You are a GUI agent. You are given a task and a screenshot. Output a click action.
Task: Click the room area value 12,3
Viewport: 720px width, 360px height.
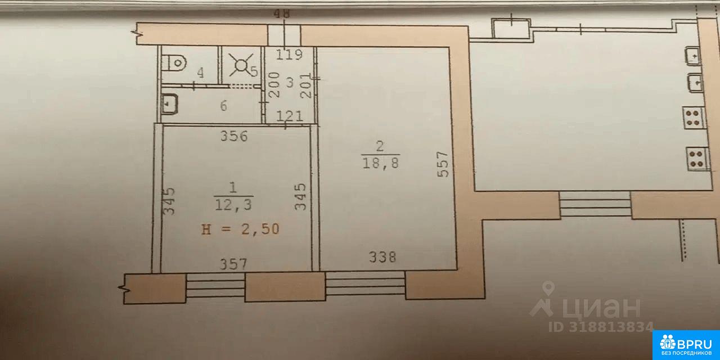pyautogui.click(x=233, y=204)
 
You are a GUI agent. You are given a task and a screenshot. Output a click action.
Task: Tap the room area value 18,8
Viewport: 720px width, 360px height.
pyautogui.click(x=381, y=163)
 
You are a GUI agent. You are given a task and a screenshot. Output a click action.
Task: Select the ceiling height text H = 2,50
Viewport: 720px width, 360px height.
pyautogui.click(x=240, y=229)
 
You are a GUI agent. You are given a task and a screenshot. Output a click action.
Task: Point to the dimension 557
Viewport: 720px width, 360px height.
pyautogui.click(x=443, y=164)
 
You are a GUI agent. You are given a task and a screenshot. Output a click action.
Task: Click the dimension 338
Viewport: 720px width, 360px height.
pyautogui.click(x=382, y=257)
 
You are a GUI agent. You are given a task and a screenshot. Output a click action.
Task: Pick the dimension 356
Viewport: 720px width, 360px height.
pyautogui.click(x=234, y=136)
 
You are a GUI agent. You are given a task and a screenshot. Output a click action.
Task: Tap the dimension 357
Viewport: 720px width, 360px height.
pyautogui.click(x=233, y=264)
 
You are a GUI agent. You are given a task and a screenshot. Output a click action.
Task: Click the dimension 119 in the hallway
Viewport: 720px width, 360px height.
pyautogui.click(x=289, y=55)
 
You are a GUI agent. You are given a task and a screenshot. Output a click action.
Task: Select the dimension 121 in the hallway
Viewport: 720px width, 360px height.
pyautogui.click(x=290, y=116)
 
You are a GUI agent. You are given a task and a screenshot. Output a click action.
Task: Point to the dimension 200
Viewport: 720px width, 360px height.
pyautogui.click(x=274, y=85)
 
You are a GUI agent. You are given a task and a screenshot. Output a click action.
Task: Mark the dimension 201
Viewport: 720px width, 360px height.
pyautogui.click(x=305, y=85)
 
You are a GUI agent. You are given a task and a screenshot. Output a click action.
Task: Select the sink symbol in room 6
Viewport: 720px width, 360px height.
pyautogui.click(x=169, y=103)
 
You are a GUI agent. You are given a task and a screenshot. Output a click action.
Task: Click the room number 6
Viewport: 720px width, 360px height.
pyautogui.click(x=224, y=106)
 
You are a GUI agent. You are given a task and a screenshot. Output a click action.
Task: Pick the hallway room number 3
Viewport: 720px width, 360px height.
pyautogui.click(x=290, y=83)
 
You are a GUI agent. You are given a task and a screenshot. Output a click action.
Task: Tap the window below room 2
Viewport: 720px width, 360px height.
pyautogui.click(x=366, y=283)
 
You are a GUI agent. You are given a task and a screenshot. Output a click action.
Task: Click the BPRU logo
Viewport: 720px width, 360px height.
pyautogui.click(x=686, y=345)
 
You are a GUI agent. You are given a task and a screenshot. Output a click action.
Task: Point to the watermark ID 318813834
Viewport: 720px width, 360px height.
pyautogui.click(x=601, y=327)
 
